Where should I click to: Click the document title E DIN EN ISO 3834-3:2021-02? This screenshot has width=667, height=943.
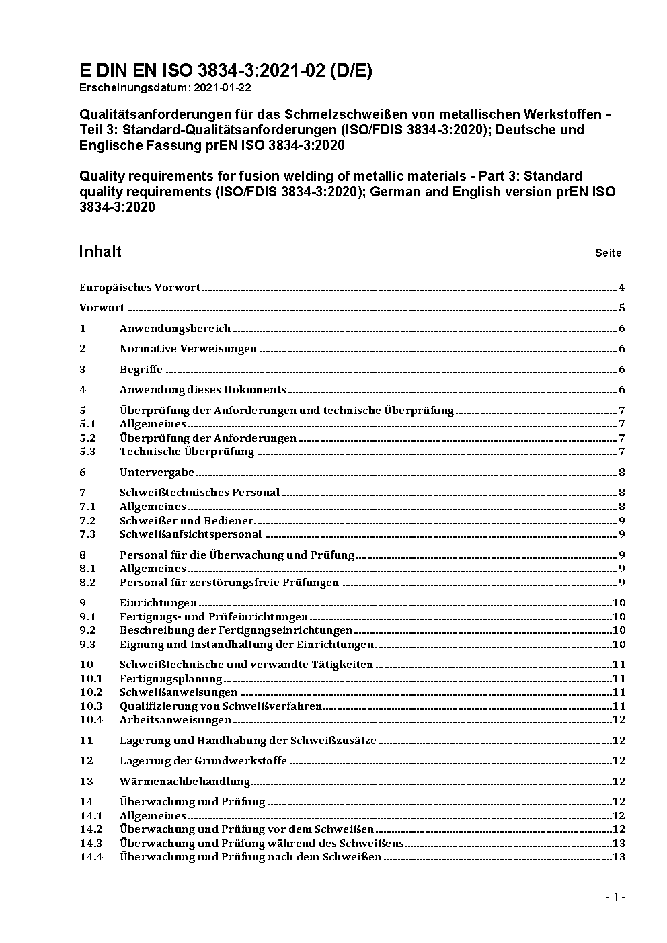225,71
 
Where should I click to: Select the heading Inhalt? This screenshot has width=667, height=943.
100,251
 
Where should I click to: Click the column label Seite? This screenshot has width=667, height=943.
608,253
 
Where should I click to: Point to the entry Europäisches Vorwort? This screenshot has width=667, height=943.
140,288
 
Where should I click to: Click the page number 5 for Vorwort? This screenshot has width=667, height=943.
622,308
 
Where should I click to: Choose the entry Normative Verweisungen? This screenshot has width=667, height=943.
188,349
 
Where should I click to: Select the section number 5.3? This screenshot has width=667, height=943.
88,452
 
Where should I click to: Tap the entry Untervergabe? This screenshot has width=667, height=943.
157,473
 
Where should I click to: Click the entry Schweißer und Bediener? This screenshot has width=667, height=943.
186,521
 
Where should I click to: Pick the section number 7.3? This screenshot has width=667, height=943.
88,534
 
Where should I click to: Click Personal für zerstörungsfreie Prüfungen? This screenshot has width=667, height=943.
229,583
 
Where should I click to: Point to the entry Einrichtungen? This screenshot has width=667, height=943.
158,603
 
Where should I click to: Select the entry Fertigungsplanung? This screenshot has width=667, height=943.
171,679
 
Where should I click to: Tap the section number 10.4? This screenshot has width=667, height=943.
91,720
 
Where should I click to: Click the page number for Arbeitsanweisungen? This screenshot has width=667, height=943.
619,720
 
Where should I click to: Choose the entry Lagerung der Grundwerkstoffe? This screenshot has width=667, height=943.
203,761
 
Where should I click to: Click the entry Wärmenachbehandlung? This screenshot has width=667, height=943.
185,782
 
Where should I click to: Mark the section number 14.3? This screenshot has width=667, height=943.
91,843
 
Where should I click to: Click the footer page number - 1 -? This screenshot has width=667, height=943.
615,897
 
